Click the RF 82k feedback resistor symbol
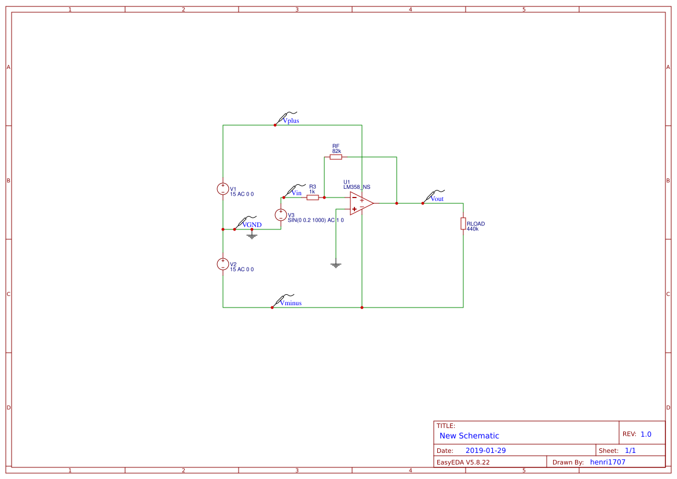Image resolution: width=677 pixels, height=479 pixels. pyautogui.click(x=336, y=157)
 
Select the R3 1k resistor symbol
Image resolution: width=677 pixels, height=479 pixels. pyautogui.click(x=313, y=198)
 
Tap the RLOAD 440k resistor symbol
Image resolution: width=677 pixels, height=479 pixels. pyautogui.click(x=463, y=224)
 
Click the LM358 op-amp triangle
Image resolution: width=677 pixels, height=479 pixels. pyautogui.click(x=361, y=203)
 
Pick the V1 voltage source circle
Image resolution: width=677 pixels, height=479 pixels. pyautogui.click(x=223, y=189)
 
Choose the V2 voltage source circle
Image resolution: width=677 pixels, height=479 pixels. pyautogui.click(x=223, y=264)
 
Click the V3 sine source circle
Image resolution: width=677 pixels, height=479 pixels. pyautogui.click(x=281, y=215)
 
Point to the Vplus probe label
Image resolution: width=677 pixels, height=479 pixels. pyautogui.click(x=291, y=121)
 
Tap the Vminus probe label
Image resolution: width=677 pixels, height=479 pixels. pyautogui.click(x=291, y=303)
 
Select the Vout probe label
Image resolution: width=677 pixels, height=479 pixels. pyautogui.click(x=437, y=199)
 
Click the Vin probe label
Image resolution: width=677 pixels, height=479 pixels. pyautogui.click(x=296, y=193)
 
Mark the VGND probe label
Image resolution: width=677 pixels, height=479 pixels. pyautogui.click(x=252, y=225)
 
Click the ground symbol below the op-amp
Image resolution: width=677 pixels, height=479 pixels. pyautogui.click(x=336, y=265)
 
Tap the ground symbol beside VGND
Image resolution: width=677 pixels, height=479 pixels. pyautogui.click(x=252, y=236)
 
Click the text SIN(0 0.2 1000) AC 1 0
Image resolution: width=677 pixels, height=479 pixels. pyautogui.click(x=316, y=221)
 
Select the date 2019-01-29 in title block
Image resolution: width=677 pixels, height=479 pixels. pyautogui.click(x=486, y=451)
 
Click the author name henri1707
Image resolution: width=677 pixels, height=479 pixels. pyautogui.click(x=608, y=462)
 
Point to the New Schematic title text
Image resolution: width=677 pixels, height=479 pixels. pyautogui.click(x=469, y=436)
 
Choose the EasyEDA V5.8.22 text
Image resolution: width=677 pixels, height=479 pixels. pyautogui.click(x=463, y=462)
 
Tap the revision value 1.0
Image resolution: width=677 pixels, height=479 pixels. pyautogui.click(x=646, y=434)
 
